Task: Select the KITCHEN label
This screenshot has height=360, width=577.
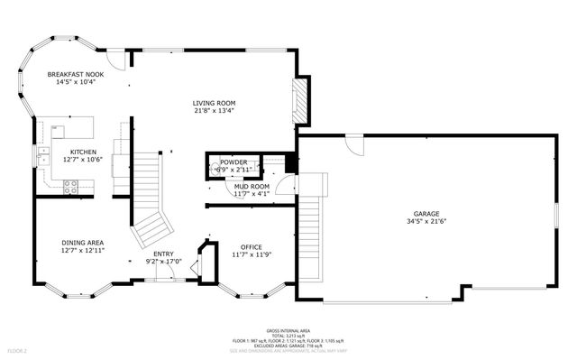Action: click(83, 152)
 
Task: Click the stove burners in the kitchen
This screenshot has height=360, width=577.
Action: click(71, 187)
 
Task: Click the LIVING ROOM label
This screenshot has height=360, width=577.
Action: click(215, 103)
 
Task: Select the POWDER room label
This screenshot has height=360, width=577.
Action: click(234, 162)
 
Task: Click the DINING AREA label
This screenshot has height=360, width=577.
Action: click(82, 242)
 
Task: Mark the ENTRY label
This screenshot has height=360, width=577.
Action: click(163, 254)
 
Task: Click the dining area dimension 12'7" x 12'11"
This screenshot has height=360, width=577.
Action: click(82, 250)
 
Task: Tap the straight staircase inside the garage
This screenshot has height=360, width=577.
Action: click(309, 234)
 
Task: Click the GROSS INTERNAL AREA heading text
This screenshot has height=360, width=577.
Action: click(288, 330)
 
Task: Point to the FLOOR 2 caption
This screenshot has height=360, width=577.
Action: click(18, 349)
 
